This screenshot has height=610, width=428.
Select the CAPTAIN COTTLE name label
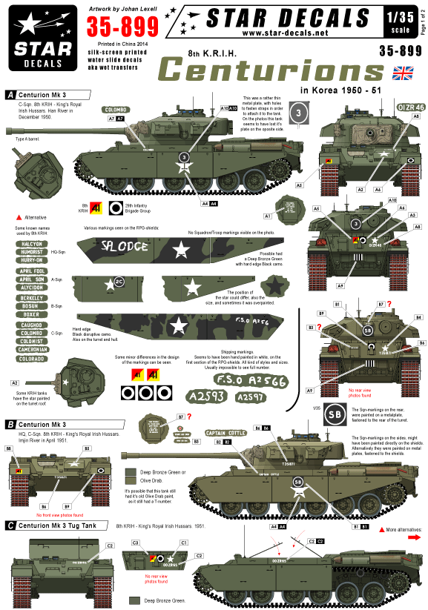[225, 433]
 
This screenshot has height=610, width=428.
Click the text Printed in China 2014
[116, 44]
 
